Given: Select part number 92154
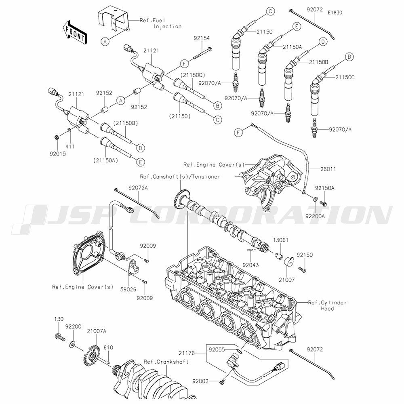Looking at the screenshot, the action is pyautogui.click(x=202, y=38).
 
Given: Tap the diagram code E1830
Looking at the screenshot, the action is pyautogui.click(x=335, y=13).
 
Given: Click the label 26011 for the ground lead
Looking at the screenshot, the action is pyautogui.click(x=328, y=169).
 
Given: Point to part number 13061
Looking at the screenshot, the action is pyautogui.click(x=281, y=240).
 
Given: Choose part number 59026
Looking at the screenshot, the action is pyautogui.click(x=128, y=290).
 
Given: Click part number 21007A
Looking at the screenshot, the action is pyautogui.click(x=97, y=331).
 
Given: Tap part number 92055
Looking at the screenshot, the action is pyautogui.click(x=217, y=349).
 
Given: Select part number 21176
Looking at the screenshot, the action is pyautogui.click(x=187, y=353).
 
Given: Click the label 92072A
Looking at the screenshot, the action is pyautogui.click(x=138, y=188).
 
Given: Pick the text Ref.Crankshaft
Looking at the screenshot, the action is pyautogui.click(x=166, y=362).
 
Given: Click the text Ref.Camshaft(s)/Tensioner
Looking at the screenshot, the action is pyautogui.click(x=180, y=177).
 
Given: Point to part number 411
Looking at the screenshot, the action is pyautogui.click(x=70, y=147).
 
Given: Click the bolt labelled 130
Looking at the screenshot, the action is pyautogui.click(x=59, y=337).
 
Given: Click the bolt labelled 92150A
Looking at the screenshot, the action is pyautogui.click(x=324, y=204).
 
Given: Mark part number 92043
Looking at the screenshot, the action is pyautogui.click(x=251, y=265).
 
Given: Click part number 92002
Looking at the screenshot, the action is pyautogui.click(x=200, y=381).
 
